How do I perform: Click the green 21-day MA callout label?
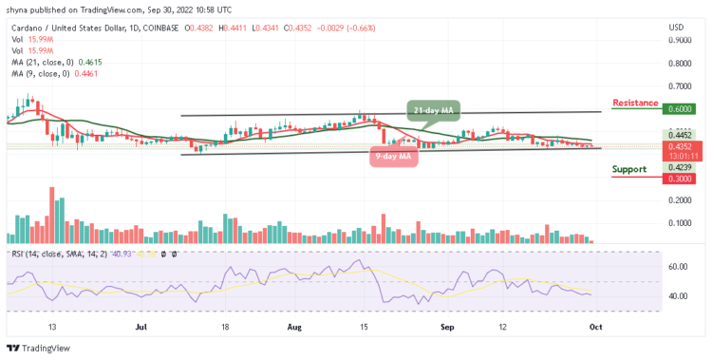pyautogui.click(x=435, y=110)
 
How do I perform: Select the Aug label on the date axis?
pyautogui.click(x=293, y=326)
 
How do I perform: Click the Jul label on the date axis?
pyautogui.click(x=141, y=326)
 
